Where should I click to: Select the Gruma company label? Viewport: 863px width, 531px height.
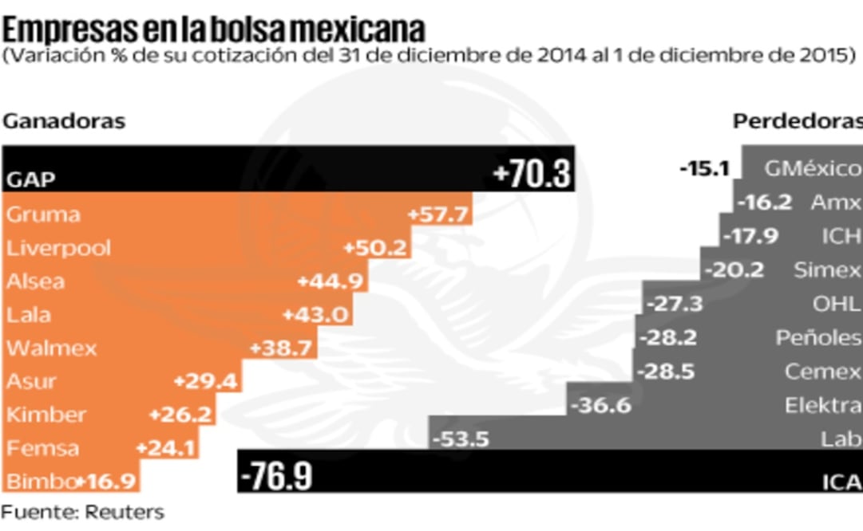(43, 215)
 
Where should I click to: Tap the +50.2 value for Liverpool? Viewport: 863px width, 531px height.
(375, 248)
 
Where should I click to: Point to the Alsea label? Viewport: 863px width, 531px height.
(36, 281)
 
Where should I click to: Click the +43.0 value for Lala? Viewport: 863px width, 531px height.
(316, 314)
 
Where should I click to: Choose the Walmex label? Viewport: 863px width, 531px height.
(52, 348)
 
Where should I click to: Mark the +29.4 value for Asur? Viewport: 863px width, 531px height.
(206, 381)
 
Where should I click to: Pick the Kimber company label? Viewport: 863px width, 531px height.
(46, 415)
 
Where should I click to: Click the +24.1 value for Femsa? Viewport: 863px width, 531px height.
(165, 448)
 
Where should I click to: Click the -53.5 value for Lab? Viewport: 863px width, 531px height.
(461, 439)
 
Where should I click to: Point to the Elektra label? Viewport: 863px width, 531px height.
(822, 406)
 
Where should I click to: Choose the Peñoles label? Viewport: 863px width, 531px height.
(818, 338)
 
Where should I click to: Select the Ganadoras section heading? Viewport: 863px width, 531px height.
(65, 121)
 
